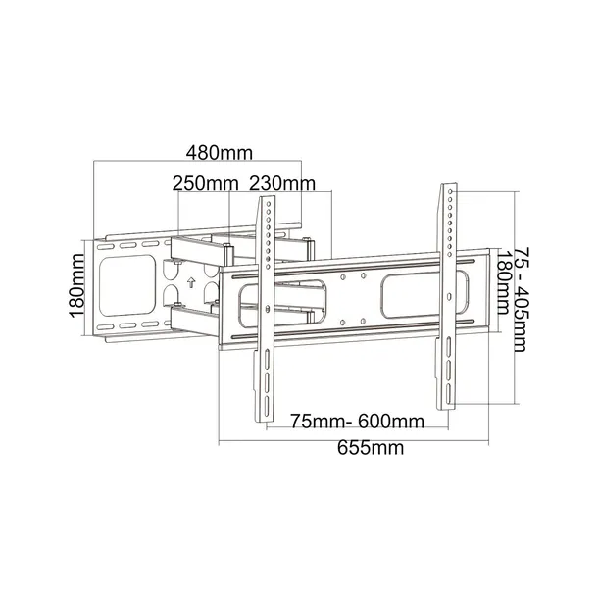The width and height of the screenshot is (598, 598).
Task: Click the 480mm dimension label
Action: tap(220, 153)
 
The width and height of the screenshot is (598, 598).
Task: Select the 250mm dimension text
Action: tap(206, 183)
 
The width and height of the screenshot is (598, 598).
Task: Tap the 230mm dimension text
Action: tap(282, 183)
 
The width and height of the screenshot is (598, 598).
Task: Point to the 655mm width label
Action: tap(371, 448)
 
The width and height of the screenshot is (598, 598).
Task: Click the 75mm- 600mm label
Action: tap(358, 422)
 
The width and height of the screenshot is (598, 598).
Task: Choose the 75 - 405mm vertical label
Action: tap(522, 299)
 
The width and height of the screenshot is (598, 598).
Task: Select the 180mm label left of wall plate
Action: tap(76, 285)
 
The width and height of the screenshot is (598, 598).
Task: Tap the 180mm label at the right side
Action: tap(503, 282)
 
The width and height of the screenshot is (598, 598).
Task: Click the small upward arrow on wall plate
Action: tap(191, 282)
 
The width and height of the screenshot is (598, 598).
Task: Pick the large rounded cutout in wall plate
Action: tap(127, 285)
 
